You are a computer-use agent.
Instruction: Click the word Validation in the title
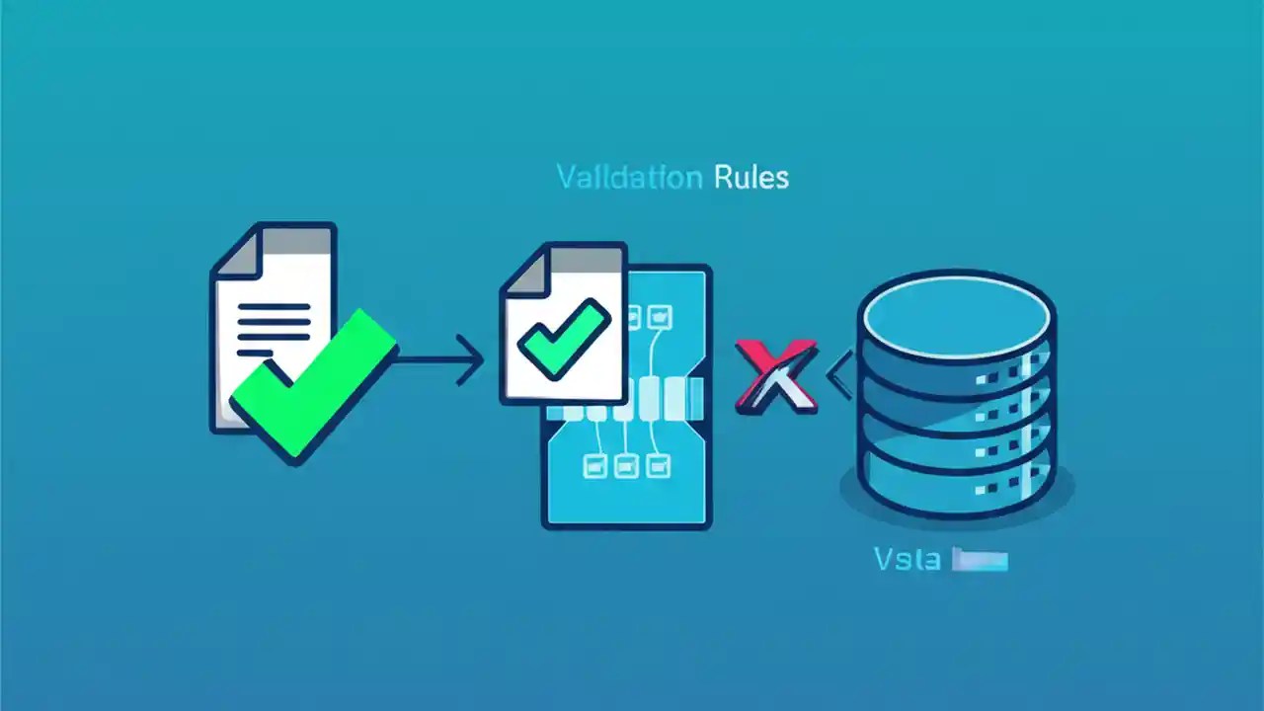point(629,178)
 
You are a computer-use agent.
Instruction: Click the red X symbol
point(776,375)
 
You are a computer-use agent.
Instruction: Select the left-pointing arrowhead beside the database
point(839,376)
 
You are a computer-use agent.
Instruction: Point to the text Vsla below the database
point(907,560)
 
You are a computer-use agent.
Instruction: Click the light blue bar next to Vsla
point(979,561)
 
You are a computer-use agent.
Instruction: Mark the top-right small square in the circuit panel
point(661,317)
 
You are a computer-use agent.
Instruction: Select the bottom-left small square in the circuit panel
point(594,464)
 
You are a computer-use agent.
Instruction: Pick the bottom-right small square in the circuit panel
point(657,464)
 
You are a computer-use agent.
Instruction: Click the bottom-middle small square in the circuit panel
point(626,464)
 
